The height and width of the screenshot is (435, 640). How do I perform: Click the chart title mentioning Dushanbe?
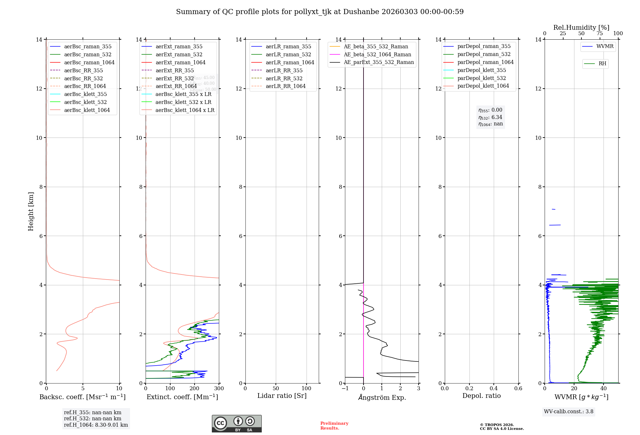[x=320, y=12]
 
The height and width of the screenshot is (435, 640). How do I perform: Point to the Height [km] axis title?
[x=31, y=211]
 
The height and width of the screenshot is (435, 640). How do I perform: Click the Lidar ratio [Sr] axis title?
[x=282, y=396]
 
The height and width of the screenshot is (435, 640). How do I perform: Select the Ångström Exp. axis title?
[x=382, y=397]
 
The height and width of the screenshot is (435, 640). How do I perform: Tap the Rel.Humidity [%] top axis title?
[x=581, y=28]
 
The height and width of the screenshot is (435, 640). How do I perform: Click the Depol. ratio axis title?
[x=481, y=396]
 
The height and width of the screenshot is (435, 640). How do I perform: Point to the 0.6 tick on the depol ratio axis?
[x=518, y=389]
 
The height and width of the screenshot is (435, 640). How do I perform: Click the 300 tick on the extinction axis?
[x=219, y=389]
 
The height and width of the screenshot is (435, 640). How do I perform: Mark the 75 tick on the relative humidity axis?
[x=600, y=34]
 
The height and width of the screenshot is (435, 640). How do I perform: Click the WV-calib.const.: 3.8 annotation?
[x=568, y=412]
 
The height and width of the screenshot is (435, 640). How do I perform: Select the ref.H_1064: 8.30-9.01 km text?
[x=96, y=425]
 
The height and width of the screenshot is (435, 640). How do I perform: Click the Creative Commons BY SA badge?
[x=236, y=424]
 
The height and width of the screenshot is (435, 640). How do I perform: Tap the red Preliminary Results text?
[x=334, y=426]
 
